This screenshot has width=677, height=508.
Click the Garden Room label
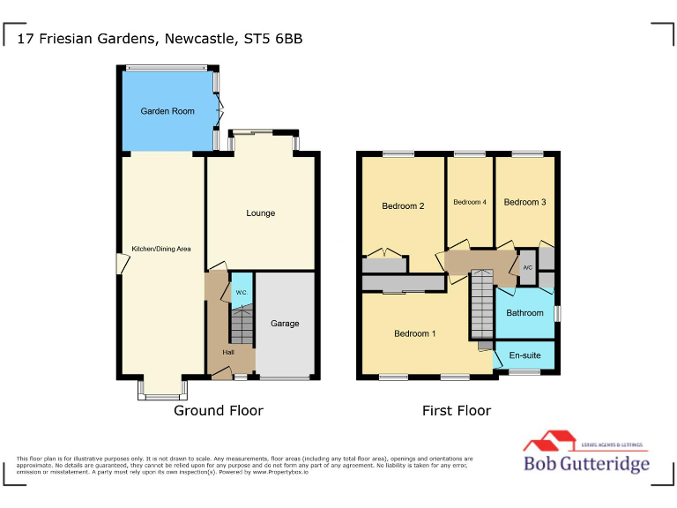click(167, 112)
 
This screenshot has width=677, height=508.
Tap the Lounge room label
click(261, 213)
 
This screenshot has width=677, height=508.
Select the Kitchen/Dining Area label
click(162, 249)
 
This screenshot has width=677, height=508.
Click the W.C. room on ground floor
click(241, 292)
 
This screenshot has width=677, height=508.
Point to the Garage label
click(285, 324)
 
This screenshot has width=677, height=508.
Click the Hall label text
click(228, 352)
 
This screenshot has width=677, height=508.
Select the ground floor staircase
click(242, 325)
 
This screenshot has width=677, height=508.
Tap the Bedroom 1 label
click(414, 333)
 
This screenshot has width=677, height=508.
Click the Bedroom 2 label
click(403, 206)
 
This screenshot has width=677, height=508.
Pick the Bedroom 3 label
click(524, 202)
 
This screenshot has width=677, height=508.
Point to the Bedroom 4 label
click(470, 202)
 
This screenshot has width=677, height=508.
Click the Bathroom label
click(524, 313)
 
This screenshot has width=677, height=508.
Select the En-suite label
click(524, 355)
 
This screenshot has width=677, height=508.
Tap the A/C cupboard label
click(527, 267)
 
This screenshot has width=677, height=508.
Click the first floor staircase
click(481, 304)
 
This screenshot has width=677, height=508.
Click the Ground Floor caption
click(218, 411)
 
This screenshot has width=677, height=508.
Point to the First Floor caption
click(456, 411)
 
